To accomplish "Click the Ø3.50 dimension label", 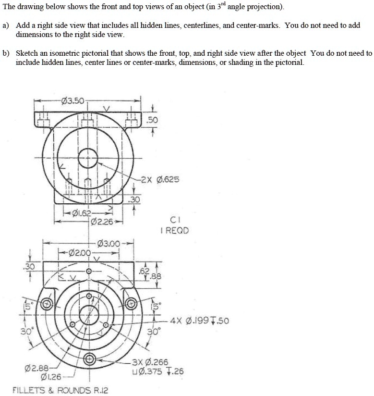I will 72,101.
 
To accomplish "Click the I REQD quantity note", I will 175,230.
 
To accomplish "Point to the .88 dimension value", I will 153,276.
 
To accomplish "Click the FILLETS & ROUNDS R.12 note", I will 60,390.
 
